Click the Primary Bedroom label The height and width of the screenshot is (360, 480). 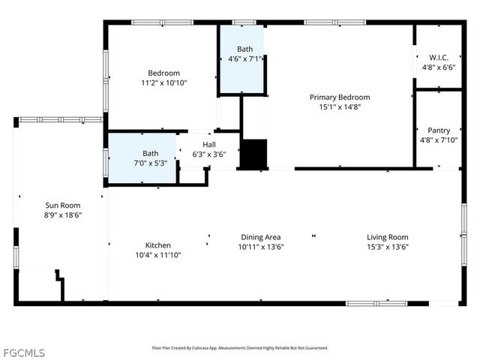pos(340,97)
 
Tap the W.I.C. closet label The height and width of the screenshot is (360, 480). pos(439,57)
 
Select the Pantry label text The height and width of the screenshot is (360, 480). pos(439,130)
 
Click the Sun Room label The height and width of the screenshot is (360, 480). pos(63,205)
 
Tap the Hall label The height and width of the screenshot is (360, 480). pos(208,144)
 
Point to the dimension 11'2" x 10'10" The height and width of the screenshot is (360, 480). pos(163,82)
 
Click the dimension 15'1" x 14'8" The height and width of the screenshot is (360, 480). pos(340,106)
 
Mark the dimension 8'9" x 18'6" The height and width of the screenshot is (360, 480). pos(63,214)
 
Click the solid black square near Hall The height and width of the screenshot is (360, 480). pos(253,154)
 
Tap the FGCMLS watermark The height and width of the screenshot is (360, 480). pos(23,352)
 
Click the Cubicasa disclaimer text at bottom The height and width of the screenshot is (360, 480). pos(240,347)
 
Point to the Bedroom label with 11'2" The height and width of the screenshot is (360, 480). pos(163,73)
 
